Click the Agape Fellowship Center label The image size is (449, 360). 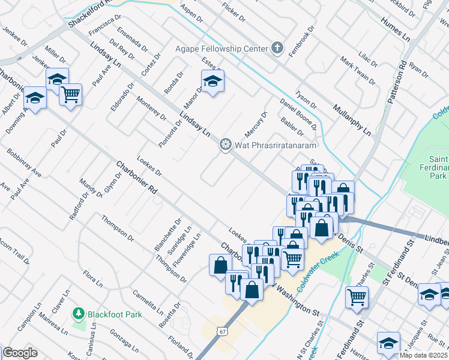[221, 48]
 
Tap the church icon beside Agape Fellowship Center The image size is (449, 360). [277, 48]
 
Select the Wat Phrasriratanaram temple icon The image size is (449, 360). [225, 144]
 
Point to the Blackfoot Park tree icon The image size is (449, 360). [78, 313]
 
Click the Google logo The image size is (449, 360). [20, 353]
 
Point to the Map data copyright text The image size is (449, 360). [423, 355]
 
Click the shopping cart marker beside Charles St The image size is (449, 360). [357, 296]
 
